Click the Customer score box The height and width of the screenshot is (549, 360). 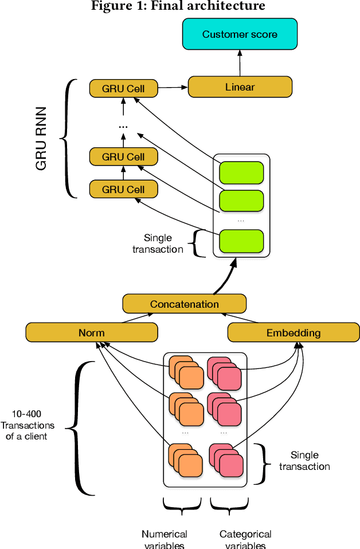(240, 34)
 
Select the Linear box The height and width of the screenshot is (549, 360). (240, 87)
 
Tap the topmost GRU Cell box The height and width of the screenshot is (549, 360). (123, 89)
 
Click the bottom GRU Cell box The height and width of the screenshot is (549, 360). (123, 189)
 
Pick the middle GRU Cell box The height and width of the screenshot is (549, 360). (123, 156)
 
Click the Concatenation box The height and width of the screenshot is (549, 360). (184, 304)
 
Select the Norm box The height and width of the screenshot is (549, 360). (91, 332)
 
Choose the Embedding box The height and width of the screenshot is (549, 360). (293, 332)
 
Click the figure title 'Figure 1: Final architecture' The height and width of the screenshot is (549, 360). (178, 6)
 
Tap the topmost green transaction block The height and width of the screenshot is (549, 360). (241, 172)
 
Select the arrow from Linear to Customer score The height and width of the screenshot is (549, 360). (240, 62)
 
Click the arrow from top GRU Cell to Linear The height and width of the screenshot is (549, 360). (174, 88)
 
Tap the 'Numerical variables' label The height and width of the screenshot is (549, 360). (164, 539)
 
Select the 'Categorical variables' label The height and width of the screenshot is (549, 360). (245, 539)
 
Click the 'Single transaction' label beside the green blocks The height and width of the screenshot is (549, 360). (158, 243)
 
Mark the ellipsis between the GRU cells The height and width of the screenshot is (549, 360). (123, 124)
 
